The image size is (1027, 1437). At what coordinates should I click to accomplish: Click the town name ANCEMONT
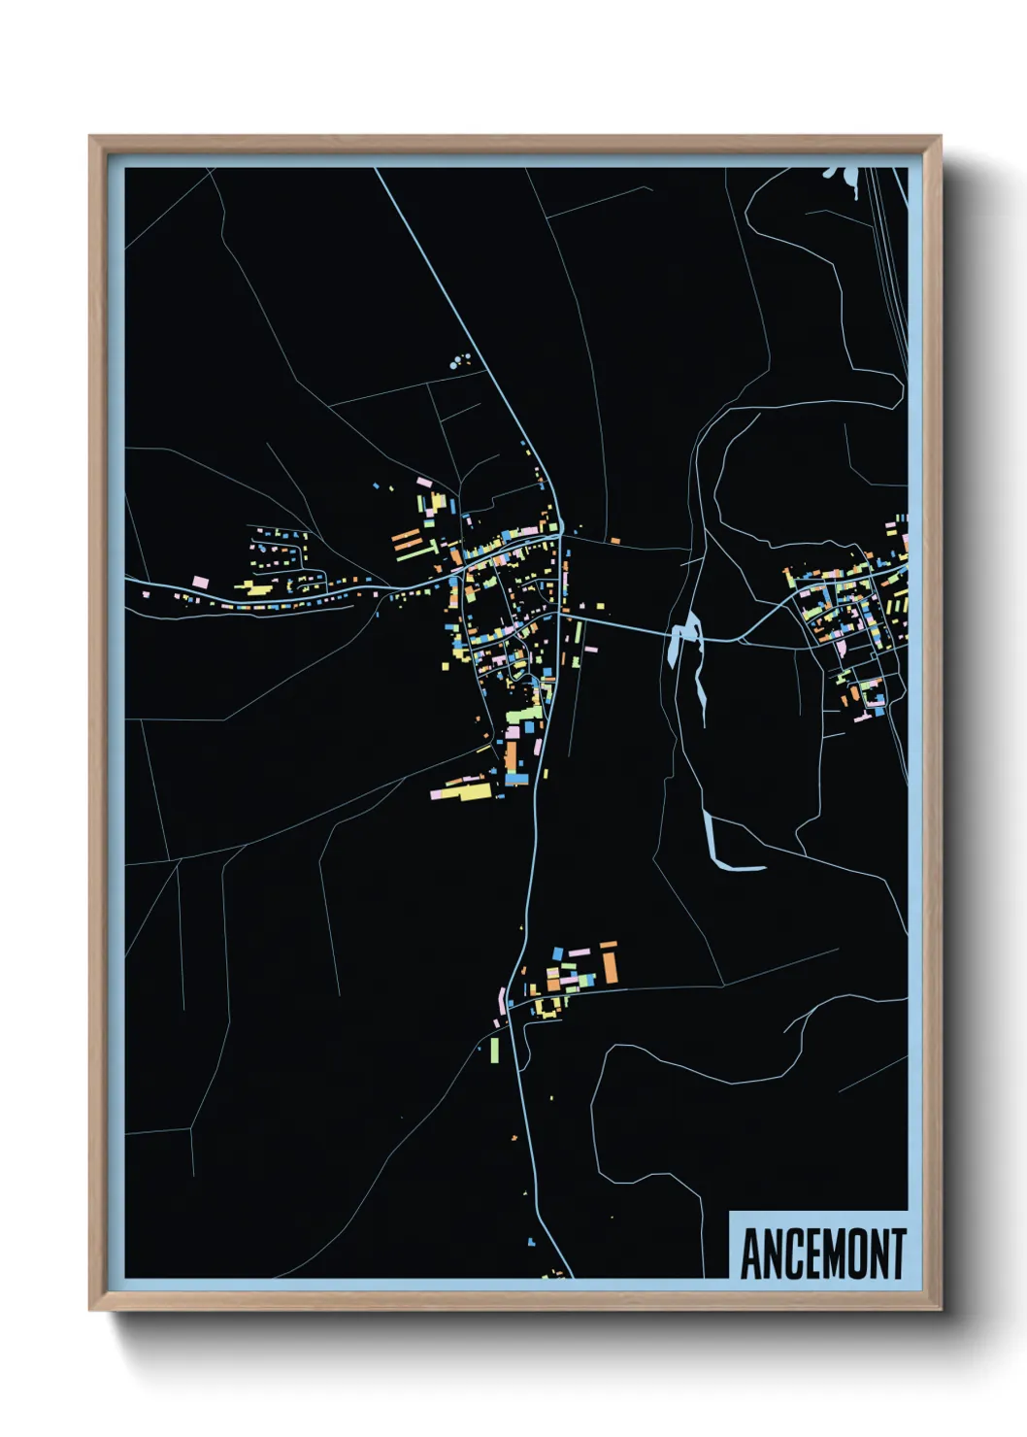point(822,1253)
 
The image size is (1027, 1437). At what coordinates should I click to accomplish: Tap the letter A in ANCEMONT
point(750,1253)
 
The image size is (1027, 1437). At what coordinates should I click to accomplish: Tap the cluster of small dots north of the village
point(460,361)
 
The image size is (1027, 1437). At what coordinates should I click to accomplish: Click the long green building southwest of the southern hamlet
point(493,1050)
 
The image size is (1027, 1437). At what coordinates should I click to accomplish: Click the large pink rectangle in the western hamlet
point(200,582)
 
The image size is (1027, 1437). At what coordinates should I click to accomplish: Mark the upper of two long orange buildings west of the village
point(405,535)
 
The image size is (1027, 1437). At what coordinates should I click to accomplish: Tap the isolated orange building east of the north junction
point(614,540)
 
